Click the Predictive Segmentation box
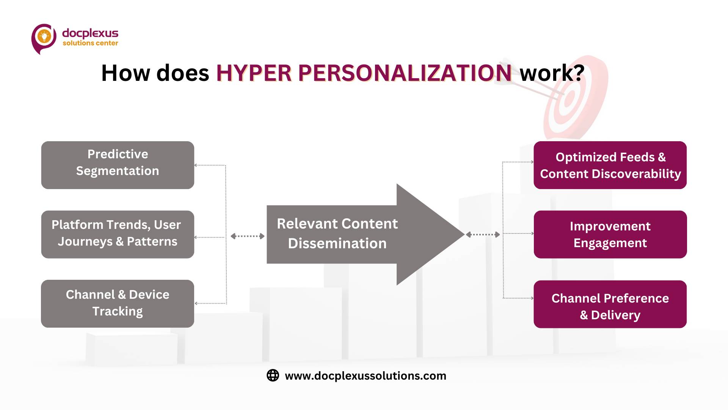[x=118, y=165]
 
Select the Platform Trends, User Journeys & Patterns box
[x=118, y=235]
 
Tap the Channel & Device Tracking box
[x=118, y=304]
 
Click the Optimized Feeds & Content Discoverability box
[x=610, y=165]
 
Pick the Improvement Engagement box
[x=610, y=235]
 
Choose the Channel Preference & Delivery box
[x=610, y=304]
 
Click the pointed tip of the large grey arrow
[x=464, y=234]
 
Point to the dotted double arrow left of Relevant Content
[x=248, y=236]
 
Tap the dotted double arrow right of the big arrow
[x=483, y=235]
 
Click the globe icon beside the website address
[x=273, y=375]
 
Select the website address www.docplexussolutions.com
[x=366, y=376]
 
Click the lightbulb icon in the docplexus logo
[x=44, y=37]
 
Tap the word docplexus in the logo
[x=90, y=33]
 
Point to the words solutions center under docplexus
[x=90, y=43]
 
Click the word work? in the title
[x=552, y=73]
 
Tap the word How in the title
[x=126, y=73]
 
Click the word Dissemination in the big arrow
[x=337, y=243]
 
